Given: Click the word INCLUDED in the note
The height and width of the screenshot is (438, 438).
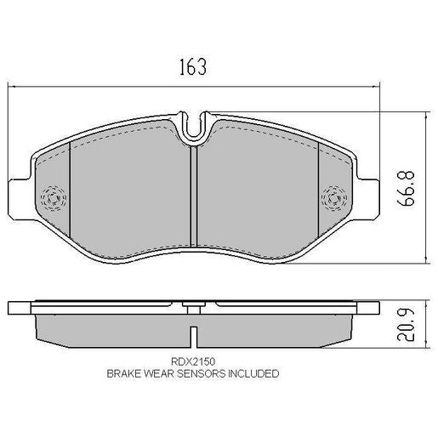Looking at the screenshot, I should point(251,373).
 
